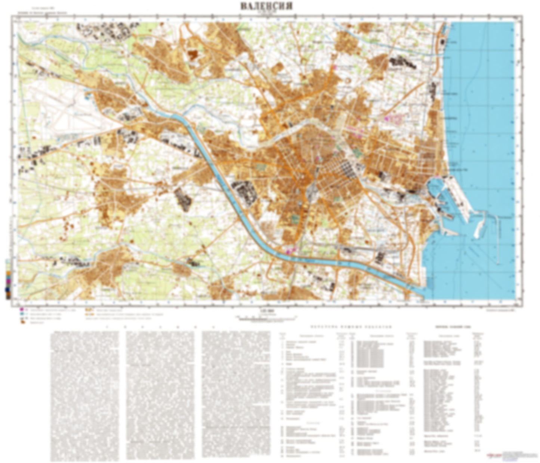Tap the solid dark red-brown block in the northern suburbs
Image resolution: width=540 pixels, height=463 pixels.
(x=193, y=55)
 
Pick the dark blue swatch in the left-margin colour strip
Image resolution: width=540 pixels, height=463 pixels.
(x=7, y=289)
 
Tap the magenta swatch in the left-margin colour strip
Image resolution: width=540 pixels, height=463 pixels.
(x=7, y=279)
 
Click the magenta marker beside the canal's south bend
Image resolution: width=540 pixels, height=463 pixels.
(x=289, y=251)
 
